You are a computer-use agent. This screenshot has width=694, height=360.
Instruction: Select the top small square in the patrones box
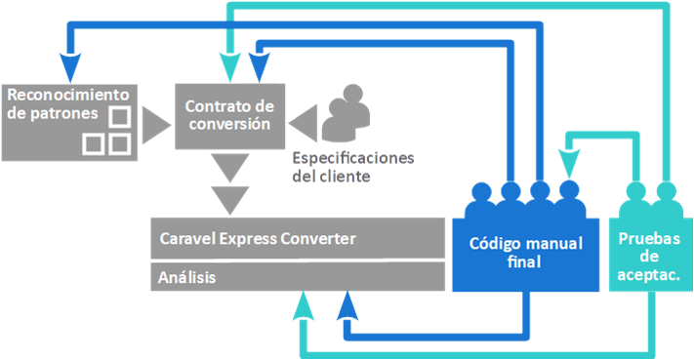click(119, 118)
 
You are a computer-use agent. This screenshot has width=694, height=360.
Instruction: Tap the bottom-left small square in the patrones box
click(94, 144)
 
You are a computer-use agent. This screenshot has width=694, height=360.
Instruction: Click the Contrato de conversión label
click(229, 113)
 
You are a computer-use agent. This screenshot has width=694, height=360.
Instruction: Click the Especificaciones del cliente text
click(352, 166)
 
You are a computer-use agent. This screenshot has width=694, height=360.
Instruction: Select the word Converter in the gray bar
click(312, 238)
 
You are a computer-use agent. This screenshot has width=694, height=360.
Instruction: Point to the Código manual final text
click(525, 253)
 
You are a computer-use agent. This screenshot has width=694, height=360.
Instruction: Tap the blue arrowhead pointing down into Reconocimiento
click(71, 65)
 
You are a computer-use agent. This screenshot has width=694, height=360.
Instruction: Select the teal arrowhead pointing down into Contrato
click(226, 65)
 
